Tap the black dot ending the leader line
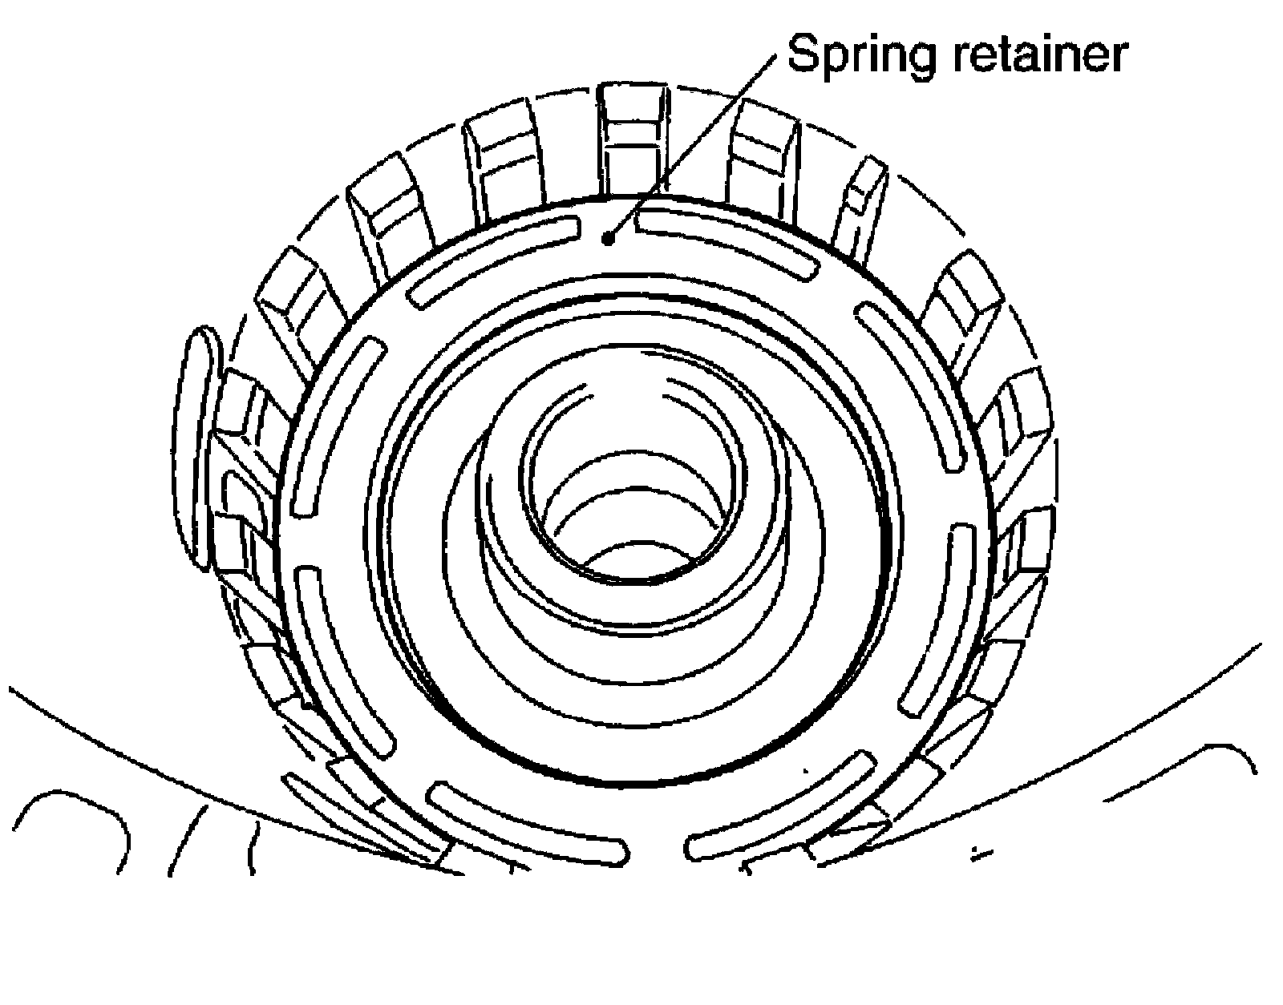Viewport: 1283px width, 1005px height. pos(609,237)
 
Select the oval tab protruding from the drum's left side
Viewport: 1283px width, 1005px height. pos(196,449)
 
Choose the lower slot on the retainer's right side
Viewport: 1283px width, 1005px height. pos(939,617)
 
